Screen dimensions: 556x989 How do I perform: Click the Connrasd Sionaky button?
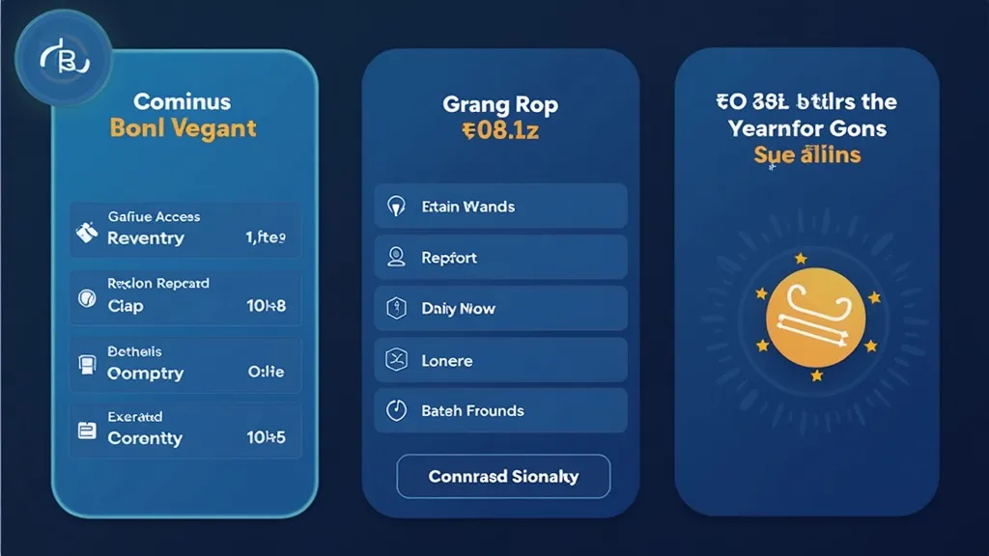pyautogui.click(x=503, y=477)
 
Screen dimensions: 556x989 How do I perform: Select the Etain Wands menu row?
pyautogui.click(x=500, y=207)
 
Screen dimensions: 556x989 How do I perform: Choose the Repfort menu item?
pyautogui.click(x=500, y=258)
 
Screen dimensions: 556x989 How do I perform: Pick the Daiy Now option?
pyautogui.click(x=500, y=309)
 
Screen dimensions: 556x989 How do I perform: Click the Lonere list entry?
pyautogui.click(x=500, y=361)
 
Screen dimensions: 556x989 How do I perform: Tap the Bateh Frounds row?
pyautogui.click(x=500, y=411)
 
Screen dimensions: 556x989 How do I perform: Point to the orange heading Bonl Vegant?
pyautogui.click(x=184, y=128)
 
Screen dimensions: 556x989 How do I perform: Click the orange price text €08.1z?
pyautogui.click(x=500, y=130)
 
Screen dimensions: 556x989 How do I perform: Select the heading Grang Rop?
pyautogui.click(x=500, y=104)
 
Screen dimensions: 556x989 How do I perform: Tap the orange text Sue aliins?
pyautogui.click(x=806, y=154)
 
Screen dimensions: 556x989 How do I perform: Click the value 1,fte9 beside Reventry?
pyautogui.click(x=266, y=237)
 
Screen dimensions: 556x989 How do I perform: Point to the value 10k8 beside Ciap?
pyautogui.click(x=266, y=306)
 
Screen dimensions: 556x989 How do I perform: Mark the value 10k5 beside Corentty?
pyautogui.click(x=266, y=437)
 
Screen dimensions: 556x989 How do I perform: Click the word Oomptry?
pyautogui.click(x=146, y=373)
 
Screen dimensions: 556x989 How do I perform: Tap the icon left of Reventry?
pyautogui.click(x=87, y=233)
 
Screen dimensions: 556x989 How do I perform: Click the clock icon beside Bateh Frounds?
pyautogui.click(x=396, y=410)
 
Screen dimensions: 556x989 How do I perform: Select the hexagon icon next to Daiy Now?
pyautogui.click(x=396, y=309)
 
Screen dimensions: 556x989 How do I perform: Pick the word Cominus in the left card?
pyautogui.click(x=184, y=101)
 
